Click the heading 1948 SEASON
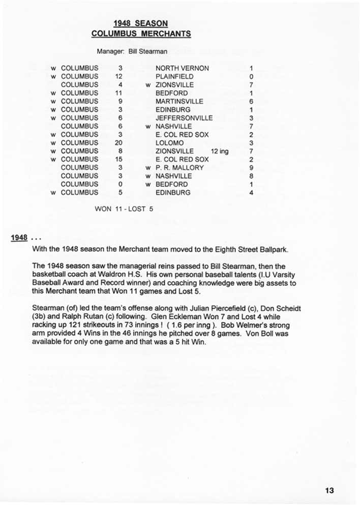pos(141,23)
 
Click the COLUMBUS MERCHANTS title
pos(141,34)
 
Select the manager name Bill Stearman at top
pos(148,51)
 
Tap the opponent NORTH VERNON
pos(182,68)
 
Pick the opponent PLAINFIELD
pos(174,76)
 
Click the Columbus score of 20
pos(119,143)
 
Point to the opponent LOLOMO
pos(170,143)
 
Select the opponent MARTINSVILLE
pos(179,101)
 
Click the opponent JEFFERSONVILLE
pos(184,118)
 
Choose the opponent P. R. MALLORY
pos(179,167)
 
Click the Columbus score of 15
pos(119,159)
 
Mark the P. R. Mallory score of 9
pos(251,167)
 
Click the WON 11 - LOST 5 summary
pos(124,208)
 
